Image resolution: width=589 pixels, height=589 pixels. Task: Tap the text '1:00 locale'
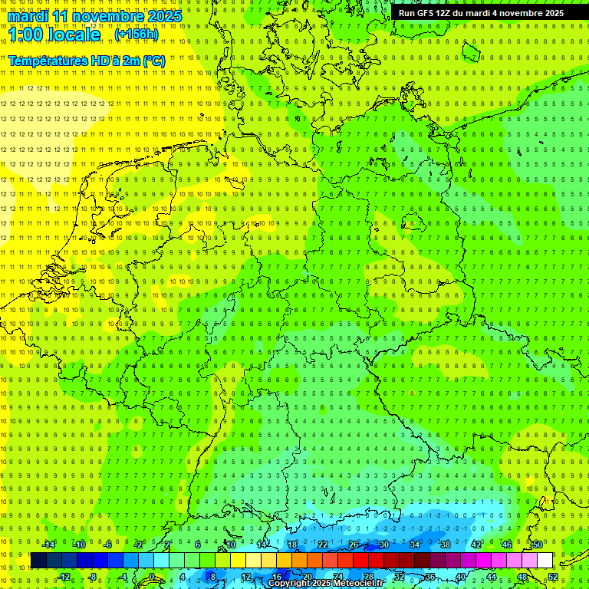[x=54, y=35]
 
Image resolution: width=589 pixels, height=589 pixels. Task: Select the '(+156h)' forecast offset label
[x=137, y=35]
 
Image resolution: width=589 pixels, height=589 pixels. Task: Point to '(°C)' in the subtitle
[x=153, y=60]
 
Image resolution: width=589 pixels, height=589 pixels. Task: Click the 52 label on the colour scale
[x=552, y=577]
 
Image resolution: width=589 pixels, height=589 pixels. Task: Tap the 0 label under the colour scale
[x=151, y=577]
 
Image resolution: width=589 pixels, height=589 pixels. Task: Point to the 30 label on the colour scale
[x=383, y=545]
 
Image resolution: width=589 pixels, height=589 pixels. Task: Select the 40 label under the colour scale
[x=460, y=577]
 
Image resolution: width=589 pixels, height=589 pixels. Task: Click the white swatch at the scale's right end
[x=545, y=561]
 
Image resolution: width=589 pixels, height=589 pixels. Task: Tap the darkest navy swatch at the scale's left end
[x=38, y=561]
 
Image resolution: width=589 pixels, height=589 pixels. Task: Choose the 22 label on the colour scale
[x=322, y=545]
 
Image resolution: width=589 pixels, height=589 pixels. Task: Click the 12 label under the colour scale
[x=245, y=577]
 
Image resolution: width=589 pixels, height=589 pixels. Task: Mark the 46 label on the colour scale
[x=506, y=545]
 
